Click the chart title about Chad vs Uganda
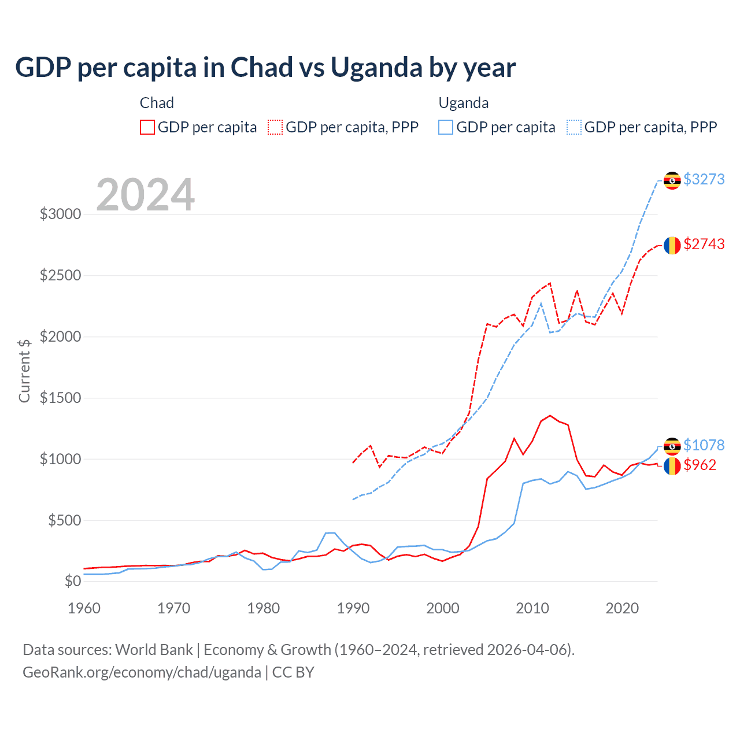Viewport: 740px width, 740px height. pyautogui.click(x=265, y=68)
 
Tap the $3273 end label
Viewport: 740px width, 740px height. pyautogui.click(x=704, y=179)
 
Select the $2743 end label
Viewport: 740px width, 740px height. pyautogui.click(x=704, y=244)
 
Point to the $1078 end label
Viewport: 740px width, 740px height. pyautogui.click(x=704, y=445)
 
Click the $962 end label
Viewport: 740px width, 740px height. pyautogui.click(x=700, y=465)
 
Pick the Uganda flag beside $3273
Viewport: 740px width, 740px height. pyautogui.click(x=672, y=180)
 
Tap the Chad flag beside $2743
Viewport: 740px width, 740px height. pyautogui.click(x=672, y=245)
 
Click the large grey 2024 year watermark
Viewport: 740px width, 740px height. pyautogui.click(x=145, y=195)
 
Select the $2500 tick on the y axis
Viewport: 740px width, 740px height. pyautogui.click(x=60, y=275)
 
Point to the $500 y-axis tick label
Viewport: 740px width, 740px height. pyautogui.click(x=64, y=520)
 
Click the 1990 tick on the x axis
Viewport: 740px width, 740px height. pyautogui.click(x=353, y=608)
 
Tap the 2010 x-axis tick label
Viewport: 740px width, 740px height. pyautogui.click(x=532, y=608)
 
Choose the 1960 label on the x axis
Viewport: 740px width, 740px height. pyautogui.click(x=84, y=608)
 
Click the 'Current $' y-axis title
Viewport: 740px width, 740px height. pyautogui.click(x=24, y=371)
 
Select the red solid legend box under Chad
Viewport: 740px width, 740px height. pyautogui.click(x=147, y=127)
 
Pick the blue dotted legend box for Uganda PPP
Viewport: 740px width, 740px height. pyautogui.click(x=574, y=127)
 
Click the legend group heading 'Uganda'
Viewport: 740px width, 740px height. pyautogui.click(x=464, y=103)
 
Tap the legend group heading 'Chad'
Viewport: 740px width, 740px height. pyautogui.click(x=157, y=103)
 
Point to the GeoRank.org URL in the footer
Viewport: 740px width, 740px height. pyautogui.click(x=142, y=672)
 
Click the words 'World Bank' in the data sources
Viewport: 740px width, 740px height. pyautogui.click(x=154, y=650)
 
